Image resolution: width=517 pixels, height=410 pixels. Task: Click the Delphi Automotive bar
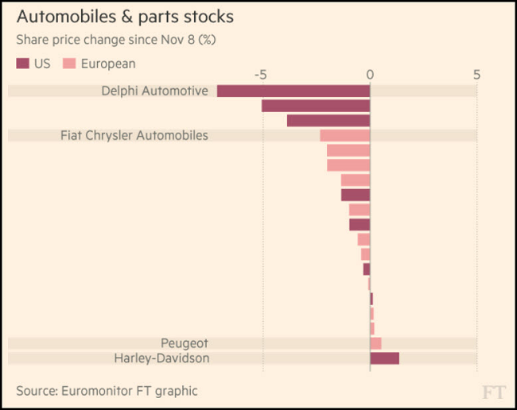[293, 91]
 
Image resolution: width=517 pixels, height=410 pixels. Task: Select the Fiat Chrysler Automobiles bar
[345, 136]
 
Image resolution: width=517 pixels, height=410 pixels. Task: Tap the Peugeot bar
[375, 343]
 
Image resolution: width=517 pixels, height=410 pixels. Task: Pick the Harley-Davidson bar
[384, 358]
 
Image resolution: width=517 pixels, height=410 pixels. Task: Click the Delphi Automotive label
[154, 91]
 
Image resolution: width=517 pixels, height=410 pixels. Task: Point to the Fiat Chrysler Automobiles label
[134, 136]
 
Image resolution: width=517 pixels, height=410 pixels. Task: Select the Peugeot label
[185, 343]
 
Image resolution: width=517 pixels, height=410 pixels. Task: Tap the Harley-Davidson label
[161, 358]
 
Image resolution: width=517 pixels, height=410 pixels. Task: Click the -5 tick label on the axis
[261, 75]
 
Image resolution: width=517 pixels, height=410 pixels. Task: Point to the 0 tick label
[370, 75]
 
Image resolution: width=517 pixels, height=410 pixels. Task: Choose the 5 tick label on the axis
[476, 75]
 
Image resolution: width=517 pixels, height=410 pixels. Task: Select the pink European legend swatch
[69, 64]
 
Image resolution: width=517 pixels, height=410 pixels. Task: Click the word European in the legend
[108, 64]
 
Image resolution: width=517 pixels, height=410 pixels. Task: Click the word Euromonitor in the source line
[95, 391]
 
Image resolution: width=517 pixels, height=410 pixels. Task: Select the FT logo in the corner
[492, 391]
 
